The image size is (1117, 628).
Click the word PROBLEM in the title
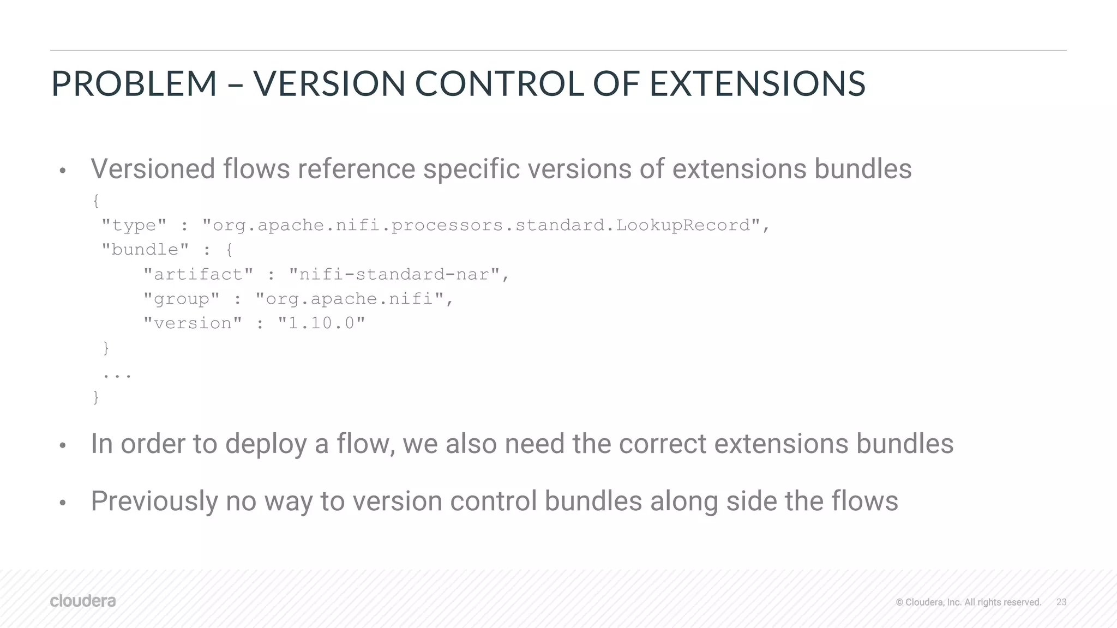(134, 84)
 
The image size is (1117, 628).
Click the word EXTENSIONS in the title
(757, 84)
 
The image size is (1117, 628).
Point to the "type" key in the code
(134, 225)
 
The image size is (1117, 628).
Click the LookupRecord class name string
(485, 225)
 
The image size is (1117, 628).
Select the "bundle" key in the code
(145, 250)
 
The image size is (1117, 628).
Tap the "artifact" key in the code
(198, 274)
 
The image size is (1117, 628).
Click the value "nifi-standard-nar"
(394, 274)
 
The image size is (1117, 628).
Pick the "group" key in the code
(181, 299)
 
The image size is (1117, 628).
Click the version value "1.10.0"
(321, 323)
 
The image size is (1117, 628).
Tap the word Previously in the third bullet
(154, 502)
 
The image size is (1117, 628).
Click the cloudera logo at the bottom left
(83, 601)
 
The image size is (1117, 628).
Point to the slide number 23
(1061, 602)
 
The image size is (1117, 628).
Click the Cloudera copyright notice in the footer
(968, 602)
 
